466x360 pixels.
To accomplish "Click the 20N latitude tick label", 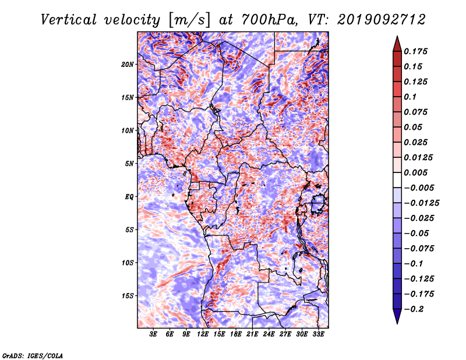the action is pyautogui.click(x=128, y=64).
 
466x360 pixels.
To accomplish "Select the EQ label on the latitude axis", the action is pyautogui.click(x=129, y=196).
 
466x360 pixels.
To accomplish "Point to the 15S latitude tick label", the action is pyautogui.click(x=128, y=296).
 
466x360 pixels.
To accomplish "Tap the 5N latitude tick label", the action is pyautogui.click(x=129, y=164).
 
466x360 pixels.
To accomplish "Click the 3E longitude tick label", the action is pyautogui.click(x=153, y=334).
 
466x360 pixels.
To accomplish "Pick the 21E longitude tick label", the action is pyautogui.click(x=252, y=334).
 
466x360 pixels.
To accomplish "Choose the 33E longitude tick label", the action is pyautogui.click(x=318, y=334).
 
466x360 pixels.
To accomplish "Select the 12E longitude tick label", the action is pyautogui.click(x=203, y=334).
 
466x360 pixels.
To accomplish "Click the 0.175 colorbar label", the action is pyautogui.click(x=415, y=51).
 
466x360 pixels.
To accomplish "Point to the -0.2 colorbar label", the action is pyautogui.click(x=414, y=309).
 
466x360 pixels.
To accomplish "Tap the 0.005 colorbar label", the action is pyautogui.click(x=415, y=172).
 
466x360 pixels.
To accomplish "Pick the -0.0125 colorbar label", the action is pyautogui.click(x=421, y=203).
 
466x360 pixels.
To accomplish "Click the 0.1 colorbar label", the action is pyautogui.click(x=410, y=97).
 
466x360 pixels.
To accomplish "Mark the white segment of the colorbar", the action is pyautogui.click(x=397, y=180).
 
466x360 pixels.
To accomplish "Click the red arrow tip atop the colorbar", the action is pyautogui.click(x=397, y=37).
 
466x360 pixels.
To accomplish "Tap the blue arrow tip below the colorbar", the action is pyautogui.click(x=397, y=323).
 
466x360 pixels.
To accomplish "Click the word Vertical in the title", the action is pyautogui.click(x=69, y=20).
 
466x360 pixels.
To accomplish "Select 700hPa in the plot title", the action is pyautogui.click(x=270, y=20).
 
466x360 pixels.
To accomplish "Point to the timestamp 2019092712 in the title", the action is pyautogui.click(x=382, y=20).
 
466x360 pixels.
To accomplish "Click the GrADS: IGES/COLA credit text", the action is pyautogui.click(x=33, y=356).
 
